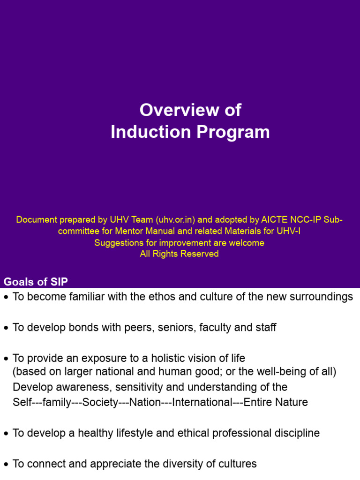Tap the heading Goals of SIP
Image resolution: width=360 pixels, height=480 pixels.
(36, 282)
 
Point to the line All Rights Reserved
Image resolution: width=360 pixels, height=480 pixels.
(180, 254)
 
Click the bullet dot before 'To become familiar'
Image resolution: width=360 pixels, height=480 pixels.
(6, 298)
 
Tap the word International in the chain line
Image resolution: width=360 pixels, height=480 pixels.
(202, 403)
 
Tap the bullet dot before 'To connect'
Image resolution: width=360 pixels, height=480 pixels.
(6, 465)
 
